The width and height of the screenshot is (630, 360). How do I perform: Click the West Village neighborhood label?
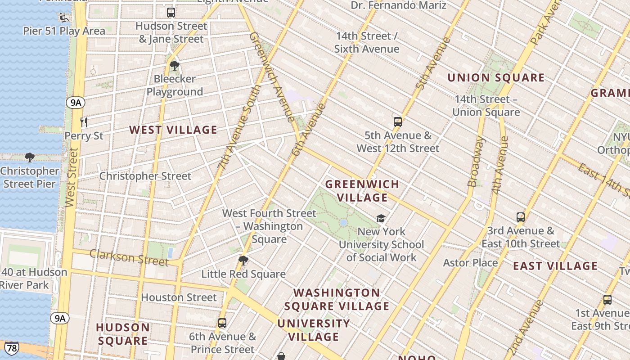coord(173,130)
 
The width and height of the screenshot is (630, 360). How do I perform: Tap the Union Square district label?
coord(495,78)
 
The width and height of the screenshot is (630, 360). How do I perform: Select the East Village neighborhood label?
coord(555,266)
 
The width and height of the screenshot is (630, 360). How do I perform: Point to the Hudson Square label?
coord(123,334)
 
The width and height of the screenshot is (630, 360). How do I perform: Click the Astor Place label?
coord(470,262)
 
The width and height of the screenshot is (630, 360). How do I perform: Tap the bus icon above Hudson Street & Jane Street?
coord(171,13)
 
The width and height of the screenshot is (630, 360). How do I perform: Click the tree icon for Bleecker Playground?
coord(175,66)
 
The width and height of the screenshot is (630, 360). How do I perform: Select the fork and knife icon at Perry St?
coord(83,122)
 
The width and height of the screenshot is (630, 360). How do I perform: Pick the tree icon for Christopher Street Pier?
coord(30,157)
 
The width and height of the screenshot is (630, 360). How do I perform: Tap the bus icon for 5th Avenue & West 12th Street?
coord(397,121)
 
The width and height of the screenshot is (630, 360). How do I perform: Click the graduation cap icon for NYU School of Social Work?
coord(381,218)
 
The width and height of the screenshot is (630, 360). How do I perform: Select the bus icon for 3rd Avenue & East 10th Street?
coord(521,217)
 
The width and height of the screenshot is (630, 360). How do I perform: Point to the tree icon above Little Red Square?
coord(243,261)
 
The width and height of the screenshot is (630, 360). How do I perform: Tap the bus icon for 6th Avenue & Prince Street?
coord(222,323)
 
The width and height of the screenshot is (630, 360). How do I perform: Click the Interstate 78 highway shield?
coord(12,348)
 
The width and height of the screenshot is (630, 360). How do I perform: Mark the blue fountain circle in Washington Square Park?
coord(344,223)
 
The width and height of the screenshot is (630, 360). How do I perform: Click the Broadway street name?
coord(476,162)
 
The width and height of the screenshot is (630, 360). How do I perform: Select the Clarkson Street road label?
coord(129,257)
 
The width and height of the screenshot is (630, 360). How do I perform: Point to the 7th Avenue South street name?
coord(240,127)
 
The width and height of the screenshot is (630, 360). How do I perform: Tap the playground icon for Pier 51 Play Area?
coord(63,18)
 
